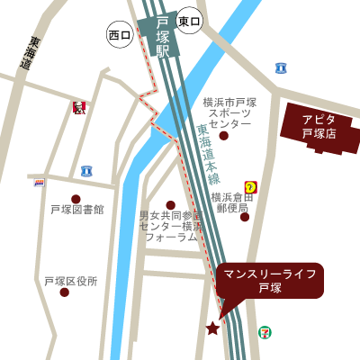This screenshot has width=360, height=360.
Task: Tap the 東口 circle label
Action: (x=189, y=21)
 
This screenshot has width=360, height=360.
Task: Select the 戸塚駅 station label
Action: (x=163, y=37)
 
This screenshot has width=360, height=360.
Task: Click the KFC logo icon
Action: (x=79, y=108)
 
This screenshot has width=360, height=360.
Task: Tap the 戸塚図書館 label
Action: (x=76, y=210)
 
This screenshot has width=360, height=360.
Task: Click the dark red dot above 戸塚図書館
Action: (x=76, y=199)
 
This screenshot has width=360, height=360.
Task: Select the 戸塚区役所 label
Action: (x=71, y=281)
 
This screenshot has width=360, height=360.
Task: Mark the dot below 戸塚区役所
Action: (x=64, y=292)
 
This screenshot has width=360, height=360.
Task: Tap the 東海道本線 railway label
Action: (x=209, y=154)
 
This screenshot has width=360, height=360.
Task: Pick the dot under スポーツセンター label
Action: (x=223, y=135)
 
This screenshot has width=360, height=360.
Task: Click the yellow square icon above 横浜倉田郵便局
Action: (x=250, y=187)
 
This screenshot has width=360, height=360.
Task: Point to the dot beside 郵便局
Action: (x=245, y=216)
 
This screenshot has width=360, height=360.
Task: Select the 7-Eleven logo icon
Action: (x=265, y=331)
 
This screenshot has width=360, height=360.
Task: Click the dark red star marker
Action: (x=212, y=328)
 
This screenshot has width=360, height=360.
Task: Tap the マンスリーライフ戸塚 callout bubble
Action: (x=269, y=280)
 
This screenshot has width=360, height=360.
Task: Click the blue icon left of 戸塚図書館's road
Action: (x=86, y=171)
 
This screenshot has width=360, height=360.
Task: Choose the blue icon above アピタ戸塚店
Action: (x=281, y=67)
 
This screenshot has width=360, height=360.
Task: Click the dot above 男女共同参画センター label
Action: (x=171, y=205)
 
